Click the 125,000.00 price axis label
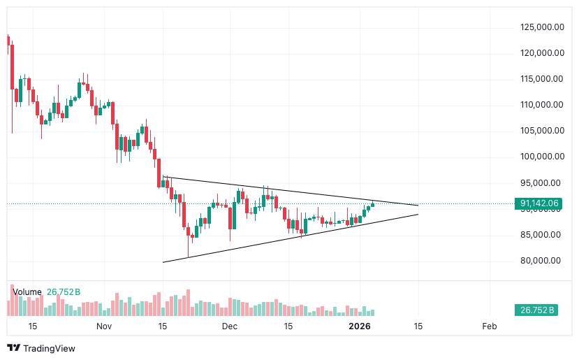tap(541, 27)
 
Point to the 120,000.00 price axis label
tap(541, 53)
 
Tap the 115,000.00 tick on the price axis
tap(541, 79)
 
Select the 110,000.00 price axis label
tap(541, 105)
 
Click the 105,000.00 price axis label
tap(541, 131)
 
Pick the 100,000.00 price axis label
tap(541, 157)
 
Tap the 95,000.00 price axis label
tap(541, 183)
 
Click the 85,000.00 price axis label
tap(541, 235)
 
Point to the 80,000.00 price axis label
tap(541, 261)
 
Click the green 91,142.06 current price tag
tap(540, 204)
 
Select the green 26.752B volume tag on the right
tap(537, 310)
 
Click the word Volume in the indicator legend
tap(27, 292)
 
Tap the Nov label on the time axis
tap(103, 326)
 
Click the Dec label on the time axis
tap(230, 326)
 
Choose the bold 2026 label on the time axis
tap(359, 326)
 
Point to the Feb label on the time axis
tap(490, 326)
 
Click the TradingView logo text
tap(48, 348)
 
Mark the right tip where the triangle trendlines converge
tap(418, 206)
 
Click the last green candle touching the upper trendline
tap(373, 204)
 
